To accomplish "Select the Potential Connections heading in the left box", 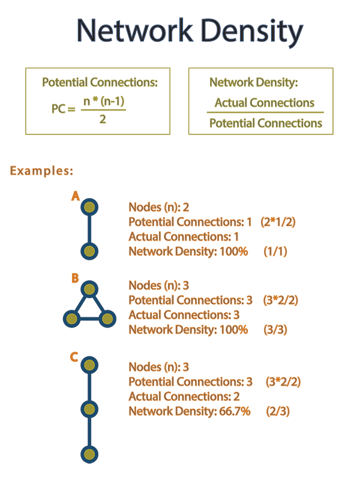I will pos(100,83).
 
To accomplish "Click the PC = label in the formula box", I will pos(63,110).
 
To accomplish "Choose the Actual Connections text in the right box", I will pos(264,103).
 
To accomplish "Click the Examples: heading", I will pos(41,170).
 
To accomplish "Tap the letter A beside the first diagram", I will pos(75,196).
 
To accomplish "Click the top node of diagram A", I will pos(89,208).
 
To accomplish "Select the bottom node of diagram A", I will pos(89,251).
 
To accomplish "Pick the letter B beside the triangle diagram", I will pos(75,278).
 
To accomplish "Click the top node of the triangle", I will pos(89,290).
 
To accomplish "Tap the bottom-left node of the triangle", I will pos(71,318).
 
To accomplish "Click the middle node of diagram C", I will pos(89,409).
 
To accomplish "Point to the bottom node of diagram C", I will pos(89,454).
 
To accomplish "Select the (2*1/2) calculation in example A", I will pos(278,221).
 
